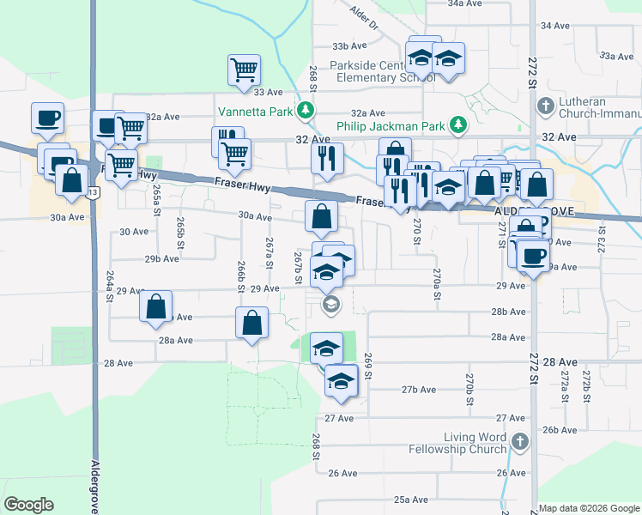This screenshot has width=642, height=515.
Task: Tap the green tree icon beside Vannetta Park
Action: pyautogui.click(x=305, y=112)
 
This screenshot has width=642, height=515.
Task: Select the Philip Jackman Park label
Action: pyautogui.click(x=391, y=126)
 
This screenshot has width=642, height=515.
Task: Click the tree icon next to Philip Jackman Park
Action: pyautogui.click(x=459, y=126)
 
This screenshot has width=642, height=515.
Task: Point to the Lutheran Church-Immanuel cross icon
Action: pyautogui.click(x=544, y=106)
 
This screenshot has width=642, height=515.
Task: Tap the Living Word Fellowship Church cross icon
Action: pyautogui.click(x=518, y=442)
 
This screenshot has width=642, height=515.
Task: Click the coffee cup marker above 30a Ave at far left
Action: pyautogui.click(x=47, y=118)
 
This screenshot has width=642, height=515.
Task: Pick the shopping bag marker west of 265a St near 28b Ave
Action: pyautogui.click(x=155, y=307)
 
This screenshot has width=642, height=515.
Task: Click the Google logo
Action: pyautogui.click(x=28, y=505)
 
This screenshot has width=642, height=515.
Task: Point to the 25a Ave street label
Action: pyautogui.click(x=411, y=500)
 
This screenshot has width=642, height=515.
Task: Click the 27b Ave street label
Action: pyautogui.click(x=419, y=390)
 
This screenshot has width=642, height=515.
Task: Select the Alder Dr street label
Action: pyautogui.click(x=364, y=16)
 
